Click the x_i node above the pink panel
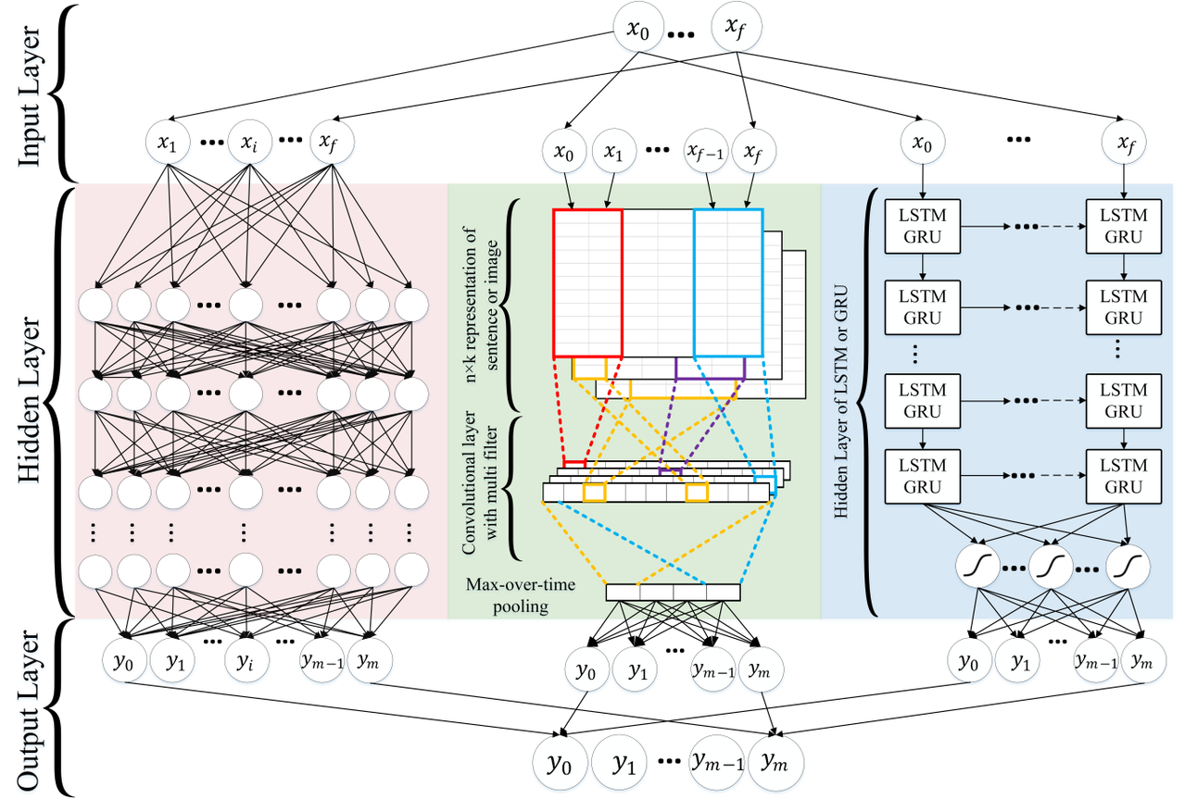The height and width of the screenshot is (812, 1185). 250,144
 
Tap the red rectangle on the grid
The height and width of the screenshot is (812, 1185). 587,282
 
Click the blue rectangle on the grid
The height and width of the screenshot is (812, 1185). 728,282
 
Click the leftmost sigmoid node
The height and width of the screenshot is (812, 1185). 977,564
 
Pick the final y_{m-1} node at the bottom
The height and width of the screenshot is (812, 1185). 716,763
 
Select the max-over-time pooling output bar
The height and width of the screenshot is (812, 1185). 674,592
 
